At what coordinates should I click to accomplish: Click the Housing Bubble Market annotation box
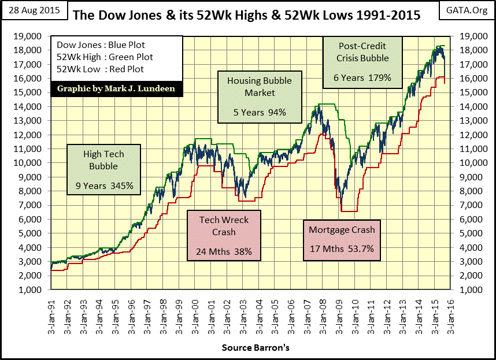[x=260, y=97]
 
